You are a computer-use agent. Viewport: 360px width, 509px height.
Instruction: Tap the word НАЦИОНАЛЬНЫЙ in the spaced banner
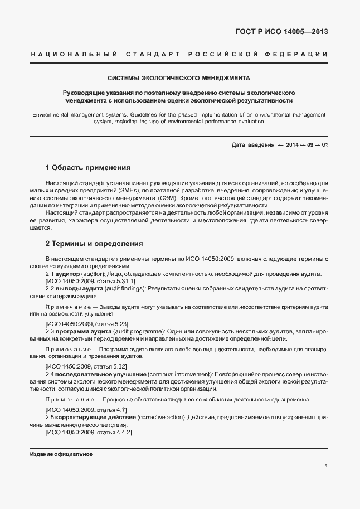pyautogui.click(x=73, y=54)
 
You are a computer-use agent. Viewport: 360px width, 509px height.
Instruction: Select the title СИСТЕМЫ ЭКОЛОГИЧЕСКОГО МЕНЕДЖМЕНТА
pyautogui.click(x=179, y=78)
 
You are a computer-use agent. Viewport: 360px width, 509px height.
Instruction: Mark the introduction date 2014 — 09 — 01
pyautogui.click(x=307, y=144)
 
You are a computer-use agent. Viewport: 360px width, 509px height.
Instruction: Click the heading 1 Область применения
pyautogui.click(x=87, y=167)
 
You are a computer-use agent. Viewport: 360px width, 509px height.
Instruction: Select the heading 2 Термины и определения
pyautogui.click(x=95, y=244)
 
